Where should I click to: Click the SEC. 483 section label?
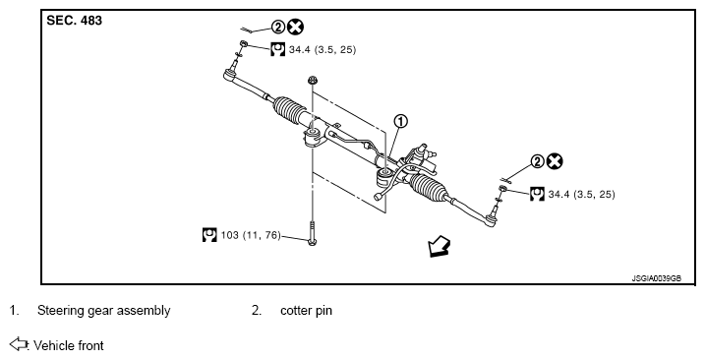coord(74,21)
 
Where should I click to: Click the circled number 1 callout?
coord(400,122)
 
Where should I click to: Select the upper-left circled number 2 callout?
coord(278,28)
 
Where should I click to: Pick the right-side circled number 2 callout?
coord(538,161)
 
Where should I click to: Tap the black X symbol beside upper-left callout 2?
coord(295,28)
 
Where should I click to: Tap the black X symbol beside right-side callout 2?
coord(555,161)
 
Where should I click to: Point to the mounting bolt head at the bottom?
coord(313,242)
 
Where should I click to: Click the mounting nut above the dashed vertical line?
coord(313,81)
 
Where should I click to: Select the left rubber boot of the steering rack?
coord(289,110)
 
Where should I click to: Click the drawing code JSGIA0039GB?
coord(657,278)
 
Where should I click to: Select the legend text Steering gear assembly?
coord(104,311)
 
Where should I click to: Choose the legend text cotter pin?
coord(306,311)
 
